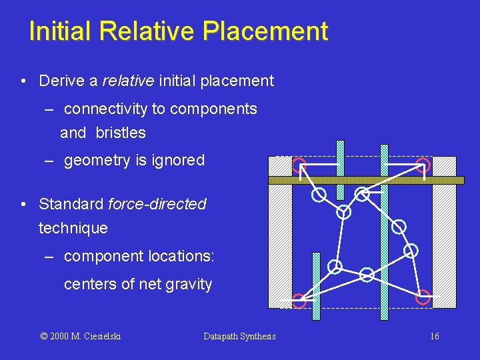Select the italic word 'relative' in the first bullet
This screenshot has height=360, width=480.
pos(129,81)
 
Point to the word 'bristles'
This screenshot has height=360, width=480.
pos(121,133)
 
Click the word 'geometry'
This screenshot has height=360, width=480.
pos(96,161)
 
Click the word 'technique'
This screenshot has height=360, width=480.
pos(73,228)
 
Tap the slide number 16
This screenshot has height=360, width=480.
pos(435,337)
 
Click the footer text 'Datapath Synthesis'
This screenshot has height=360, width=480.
pos(239,337)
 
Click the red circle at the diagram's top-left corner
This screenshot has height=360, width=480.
pos(299,164)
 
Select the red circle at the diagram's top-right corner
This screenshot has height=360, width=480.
pos(423,164)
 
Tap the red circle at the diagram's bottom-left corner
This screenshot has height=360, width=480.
pos(299,299)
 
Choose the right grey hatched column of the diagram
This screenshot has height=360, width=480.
pos(444,247)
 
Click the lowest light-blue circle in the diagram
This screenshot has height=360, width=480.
pos(367,274)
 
